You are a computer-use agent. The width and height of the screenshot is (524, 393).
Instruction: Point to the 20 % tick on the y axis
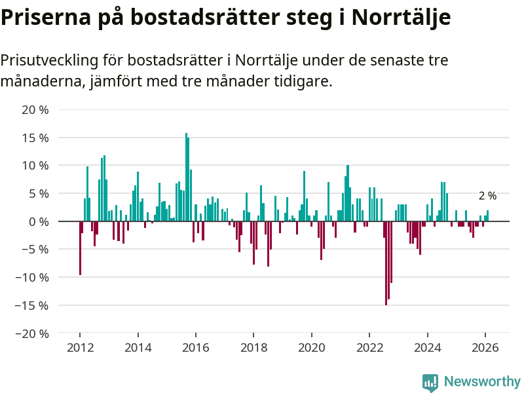(35, 110)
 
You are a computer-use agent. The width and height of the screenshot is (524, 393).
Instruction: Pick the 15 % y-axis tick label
(35, 138)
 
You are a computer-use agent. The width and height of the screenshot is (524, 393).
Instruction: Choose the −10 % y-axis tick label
(32, 278)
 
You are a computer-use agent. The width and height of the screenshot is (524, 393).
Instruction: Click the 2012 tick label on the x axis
(80, 348)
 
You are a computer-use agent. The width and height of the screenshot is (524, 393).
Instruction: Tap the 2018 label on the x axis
(253, 348)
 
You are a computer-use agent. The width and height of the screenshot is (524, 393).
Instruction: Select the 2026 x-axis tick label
(485, 348)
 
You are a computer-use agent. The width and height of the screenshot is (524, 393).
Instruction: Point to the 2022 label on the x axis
(369, 348)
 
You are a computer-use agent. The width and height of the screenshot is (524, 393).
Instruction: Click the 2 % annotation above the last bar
(487, 196)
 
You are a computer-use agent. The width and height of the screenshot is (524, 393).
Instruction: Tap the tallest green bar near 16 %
(186, 177)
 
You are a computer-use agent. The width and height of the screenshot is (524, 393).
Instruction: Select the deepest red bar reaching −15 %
(386, 263)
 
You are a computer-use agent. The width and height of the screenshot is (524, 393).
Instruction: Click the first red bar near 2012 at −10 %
(80, 248)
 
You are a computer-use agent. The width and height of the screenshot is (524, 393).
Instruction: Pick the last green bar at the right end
(488, 216)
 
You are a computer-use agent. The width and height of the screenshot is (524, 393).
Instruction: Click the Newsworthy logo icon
(430, 383)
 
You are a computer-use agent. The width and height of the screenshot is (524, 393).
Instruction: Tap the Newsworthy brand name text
(482, 382)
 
